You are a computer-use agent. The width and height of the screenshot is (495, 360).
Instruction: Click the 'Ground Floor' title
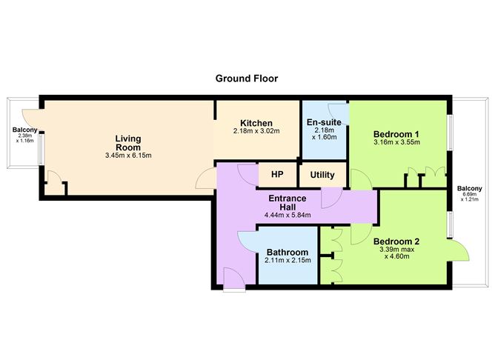(x=247, y=78)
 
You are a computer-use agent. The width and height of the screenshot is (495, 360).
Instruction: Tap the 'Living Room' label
(x=128, y=143)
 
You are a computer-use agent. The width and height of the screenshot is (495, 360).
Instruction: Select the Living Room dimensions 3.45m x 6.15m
(x=128, y=156)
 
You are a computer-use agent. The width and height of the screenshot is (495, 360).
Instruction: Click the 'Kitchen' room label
(x=256, y=123)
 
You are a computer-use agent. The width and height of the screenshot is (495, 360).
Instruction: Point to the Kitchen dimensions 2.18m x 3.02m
(x=256, y=132)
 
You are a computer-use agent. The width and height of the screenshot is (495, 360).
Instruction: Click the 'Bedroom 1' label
(x=396, y=133)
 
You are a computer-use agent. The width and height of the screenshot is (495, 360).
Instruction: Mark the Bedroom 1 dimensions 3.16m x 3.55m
(x=396, y=142)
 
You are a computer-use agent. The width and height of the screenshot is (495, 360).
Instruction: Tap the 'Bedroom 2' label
(x=396, y=241)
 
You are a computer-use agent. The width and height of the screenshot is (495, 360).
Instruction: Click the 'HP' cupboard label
(x=277, y=175)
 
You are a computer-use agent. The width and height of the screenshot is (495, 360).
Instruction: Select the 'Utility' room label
(x=322, y=176)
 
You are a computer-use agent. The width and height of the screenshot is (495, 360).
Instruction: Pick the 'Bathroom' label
(x=287, y=252)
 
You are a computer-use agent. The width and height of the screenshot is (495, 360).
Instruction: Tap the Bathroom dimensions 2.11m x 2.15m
(x=287, y=261)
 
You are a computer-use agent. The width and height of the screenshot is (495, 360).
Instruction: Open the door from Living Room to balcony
(x=30, y=119)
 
